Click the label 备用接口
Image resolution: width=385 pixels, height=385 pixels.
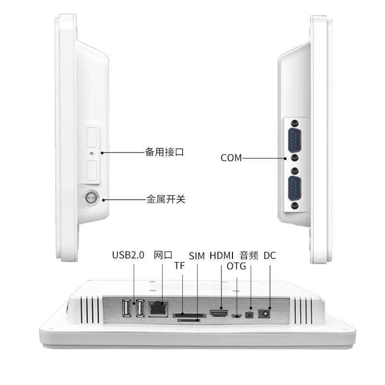pyautogui.click(x=165, y=153)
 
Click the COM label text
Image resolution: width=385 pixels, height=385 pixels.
pyautogui.click(x=231, y=158)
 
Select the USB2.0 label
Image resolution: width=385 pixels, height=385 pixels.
pyautogui.click(x=128, y=256)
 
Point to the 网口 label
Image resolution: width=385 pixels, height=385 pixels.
pyautogui.click(x=162, y=256)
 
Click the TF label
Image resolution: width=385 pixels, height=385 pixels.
pyautogui.click(x=179, y=266)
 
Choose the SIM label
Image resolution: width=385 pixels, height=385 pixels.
pyautogui.click(x=197, y=256)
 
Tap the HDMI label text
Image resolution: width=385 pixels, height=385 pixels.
pyautogui.click(x=221, y=256)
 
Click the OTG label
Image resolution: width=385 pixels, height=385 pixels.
pyautogui.click(x=236, y=266)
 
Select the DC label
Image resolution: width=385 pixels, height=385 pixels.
pyautogui.click(x=270, y=256)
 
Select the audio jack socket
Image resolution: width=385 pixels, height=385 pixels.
pyautogui.click(x=249, y=315)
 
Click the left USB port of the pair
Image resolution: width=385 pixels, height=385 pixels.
pyautogui.click(x=128, y=308)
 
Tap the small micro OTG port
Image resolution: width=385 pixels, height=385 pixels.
pyautogui.click(x=236, y=316)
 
